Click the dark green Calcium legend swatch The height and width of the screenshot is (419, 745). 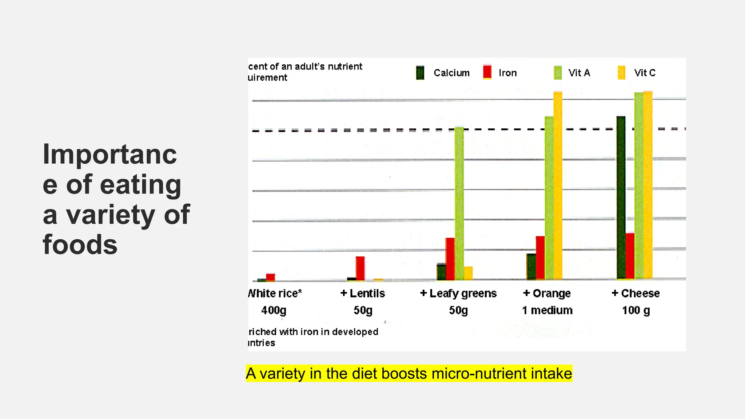point(420,73)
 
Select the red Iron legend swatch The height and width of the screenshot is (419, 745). point(487,72)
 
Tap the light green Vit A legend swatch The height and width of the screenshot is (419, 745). point(557,73)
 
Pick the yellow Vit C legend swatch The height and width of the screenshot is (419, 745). point(621,73)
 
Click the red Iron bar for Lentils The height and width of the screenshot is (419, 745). point(360,268)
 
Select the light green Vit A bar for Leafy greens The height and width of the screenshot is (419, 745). point(459,204)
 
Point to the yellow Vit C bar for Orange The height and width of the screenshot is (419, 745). point(558,185)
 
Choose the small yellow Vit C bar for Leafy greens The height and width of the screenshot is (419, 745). point(468,273)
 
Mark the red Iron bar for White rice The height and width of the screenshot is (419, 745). point(270,277)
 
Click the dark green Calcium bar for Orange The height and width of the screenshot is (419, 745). point(531,266)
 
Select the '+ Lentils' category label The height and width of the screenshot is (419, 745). point(363,293)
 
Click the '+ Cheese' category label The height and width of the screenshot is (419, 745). point(636,293)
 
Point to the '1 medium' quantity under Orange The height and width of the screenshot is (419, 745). point(547,310)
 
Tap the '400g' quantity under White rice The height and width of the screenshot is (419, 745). point(274,310)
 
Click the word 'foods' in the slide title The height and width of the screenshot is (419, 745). point(80,244)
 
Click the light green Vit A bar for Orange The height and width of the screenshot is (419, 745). point(549,198)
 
